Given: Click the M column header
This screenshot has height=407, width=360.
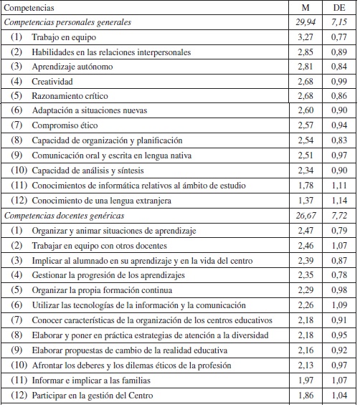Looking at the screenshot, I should pos(306,8).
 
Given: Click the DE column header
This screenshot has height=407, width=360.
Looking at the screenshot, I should pos(339,8).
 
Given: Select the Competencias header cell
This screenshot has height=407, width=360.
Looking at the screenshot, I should pos(29,8).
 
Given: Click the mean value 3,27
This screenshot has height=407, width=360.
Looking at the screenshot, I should pos(306,37).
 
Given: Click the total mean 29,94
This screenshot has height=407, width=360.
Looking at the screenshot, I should pos(306,22).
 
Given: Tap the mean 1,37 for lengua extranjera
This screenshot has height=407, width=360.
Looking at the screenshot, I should pos(306,201).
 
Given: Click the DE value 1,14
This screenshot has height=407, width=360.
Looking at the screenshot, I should pos(339,201).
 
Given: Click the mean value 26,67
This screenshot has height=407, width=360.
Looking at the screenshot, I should pos(306,216).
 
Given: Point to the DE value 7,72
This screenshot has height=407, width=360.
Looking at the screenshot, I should pos(339,216).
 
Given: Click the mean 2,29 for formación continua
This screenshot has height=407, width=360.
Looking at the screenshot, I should pos(306,290).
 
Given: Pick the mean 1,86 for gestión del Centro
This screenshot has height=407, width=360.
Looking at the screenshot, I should pos(306,395).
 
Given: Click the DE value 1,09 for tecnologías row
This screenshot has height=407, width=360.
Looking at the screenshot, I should pos(339,305).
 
